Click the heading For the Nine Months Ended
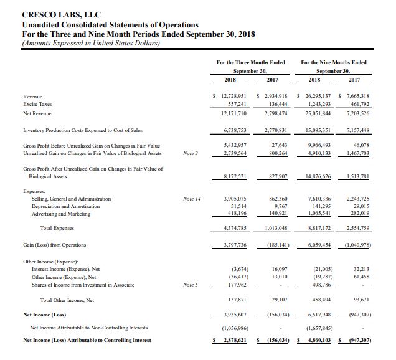point(333,62)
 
